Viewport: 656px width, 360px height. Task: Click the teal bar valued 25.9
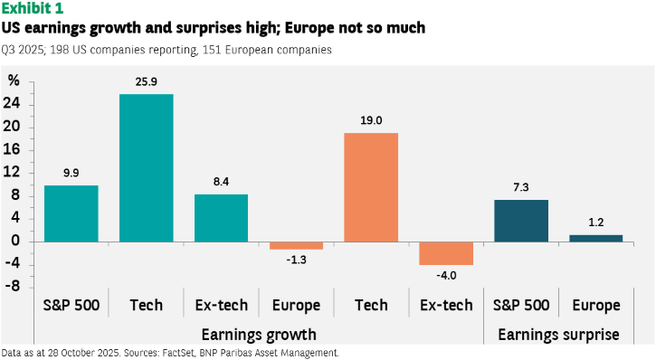pyautogui.click(x=147, y=167)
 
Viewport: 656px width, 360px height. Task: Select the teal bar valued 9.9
pyautogui.click(x=71, y=213)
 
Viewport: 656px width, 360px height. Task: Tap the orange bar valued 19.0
pyautogui.click(x=371, y=187)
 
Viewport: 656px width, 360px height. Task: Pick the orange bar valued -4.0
pyautogui.click(x=446, y=253)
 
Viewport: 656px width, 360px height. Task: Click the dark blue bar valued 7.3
pyautogui.click(x=521, y=221)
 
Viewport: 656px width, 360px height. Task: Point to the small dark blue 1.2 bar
pyautogui.click(x=595, y=238)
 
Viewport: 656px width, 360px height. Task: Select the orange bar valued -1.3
pyautogui.click(x=296, y=246)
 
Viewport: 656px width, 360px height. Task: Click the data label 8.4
pyautogui.click(x=221, y=182)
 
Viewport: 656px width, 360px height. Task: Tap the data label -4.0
pyautogui.click(x=446, y=276)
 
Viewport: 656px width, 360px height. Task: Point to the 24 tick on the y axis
pyautogui.click(x=12, y=103)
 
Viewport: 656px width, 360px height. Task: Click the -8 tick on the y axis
pyautogui.click(x=13, y=287)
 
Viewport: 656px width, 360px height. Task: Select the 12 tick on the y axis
pyautogui.click(x=12, y=172)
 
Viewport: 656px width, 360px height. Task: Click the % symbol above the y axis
pyautogui.click(x=14, y=81)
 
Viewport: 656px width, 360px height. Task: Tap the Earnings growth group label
pyautogui.click(x=259, y=335)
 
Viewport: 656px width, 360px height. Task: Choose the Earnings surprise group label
pyautogui.click(x=558, y=335)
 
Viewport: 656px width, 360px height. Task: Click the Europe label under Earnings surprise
pyautogui.click(x=596, y=306)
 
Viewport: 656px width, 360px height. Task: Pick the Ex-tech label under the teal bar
pyautogui.click(x=222, y=305)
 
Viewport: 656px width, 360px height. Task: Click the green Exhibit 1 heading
pyautogui.click(x=33, y=8)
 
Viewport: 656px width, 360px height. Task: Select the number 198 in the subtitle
pyautogui.click(x=60, y=50)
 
